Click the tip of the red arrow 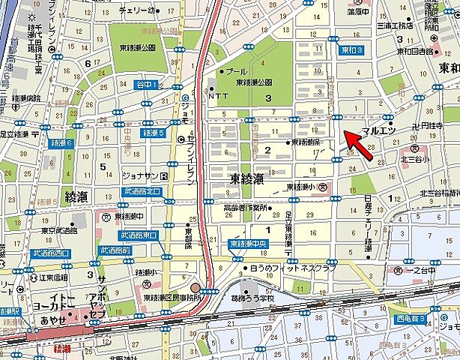tap(345, 133)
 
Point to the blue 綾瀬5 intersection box tap(151, 133)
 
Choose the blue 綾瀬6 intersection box tap(61, 142)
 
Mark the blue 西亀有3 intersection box tap(411, 319)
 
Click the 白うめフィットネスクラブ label tap(294, 267)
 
